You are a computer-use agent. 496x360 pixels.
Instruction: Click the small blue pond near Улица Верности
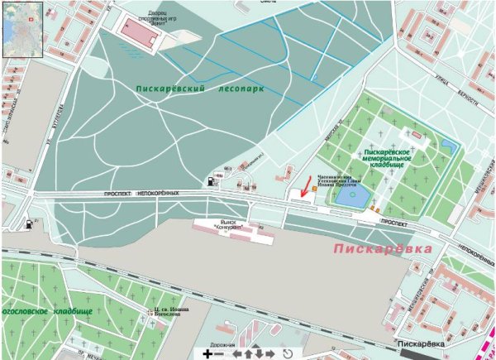(x=447, y=147)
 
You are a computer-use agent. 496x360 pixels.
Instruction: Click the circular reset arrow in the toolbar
(x=288, y=354)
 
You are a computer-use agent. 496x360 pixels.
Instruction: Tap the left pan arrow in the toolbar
(x=236, y=354)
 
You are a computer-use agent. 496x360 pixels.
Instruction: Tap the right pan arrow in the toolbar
(x=269, y=354)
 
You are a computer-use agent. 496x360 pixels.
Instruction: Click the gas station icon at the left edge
(x=31, y=223)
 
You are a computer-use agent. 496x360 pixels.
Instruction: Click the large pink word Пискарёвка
(x=383, y=248)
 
